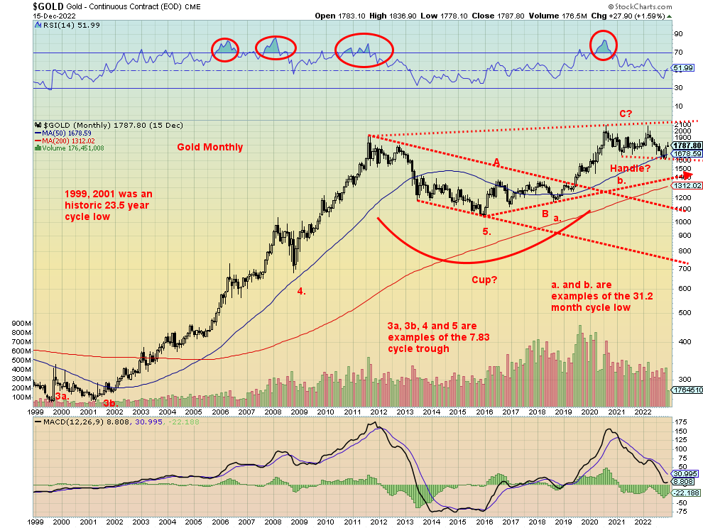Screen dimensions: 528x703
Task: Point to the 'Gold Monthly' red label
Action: click(210, 148)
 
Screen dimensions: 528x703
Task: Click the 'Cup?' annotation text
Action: click(484, 280)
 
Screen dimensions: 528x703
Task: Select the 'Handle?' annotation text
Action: click(631, 168)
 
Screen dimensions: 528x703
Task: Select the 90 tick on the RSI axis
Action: click(678, 33)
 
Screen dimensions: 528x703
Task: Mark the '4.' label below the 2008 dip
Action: click(301, 291)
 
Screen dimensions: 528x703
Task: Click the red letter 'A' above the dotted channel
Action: click(497, 163)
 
